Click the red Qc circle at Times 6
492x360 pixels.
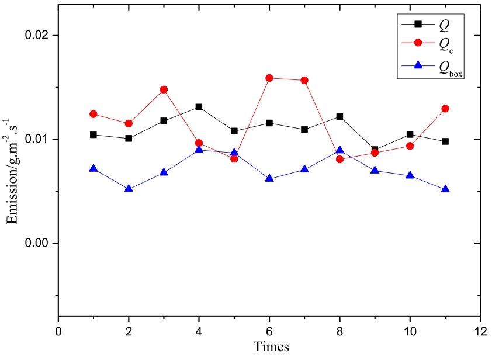[269, 78]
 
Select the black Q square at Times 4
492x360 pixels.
[199, 107]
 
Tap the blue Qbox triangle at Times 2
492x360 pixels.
[129, 189]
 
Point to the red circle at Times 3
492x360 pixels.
[164, 89]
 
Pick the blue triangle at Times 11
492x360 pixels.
[445, 189]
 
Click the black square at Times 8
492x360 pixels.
[339, 116]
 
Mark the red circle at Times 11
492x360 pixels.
[445, 109]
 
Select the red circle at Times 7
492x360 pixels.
[304, 80]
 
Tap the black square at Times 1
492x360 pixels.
[93, 134]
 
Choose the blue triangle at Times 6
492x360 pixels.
[269, 178]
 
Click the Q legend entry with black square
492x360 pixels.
[435, 24]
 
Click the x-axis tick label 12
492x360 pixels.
[480, 331]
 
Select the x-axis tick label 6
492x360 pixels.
[269, 331]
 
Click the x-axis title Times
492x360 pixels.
[271, 347]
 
